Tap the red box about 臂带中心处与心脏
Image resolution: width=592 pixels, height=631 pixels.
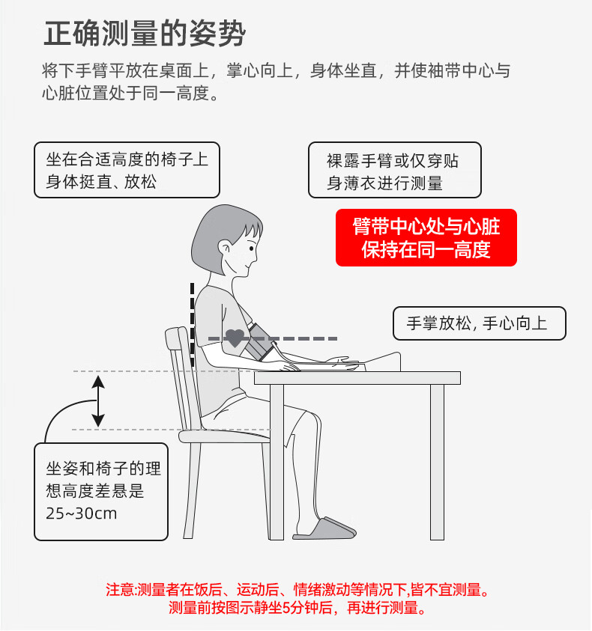click(x=426, y=237)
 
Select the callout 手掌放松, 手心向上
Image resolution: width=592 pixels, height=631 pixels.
click(x=480, y=323)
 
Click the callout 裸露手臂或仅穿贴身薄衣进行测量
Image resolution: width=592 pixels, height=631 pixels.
click(x=394, y=171)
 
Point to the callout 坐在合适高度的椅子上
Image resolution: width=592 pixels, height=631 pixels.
click(x=127, y=171)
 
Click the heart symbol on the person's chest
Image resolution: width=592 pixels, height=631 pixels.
click(x=235, y=338)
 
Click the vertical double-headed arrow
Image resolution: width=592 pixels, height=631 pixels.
click(x=98, y=402)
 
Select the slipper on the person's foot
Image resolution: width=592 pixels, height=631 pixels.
click(x=324, y=528)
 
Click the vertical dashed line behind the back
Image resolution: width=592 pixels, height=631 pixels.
click(x=192, y=322)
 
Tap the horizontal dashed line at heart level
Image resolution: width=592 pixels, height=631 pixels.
click(x=300, y=338)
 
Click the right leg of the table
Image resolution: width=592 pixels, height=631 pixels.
click(x=437, y=460)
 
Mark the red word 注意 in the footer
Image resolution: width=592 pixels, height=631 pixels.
click(x=120, y=591)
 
